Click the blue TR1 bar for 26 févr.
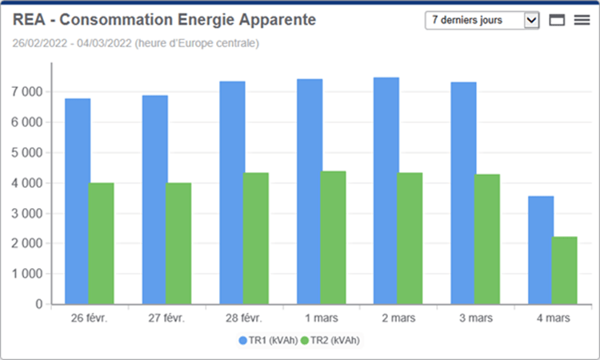[78, 201]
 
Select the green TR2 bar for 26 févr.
[102, 243]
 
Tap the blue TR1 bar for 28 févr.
[232, 192]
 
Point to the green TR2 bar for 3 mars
[487, 239]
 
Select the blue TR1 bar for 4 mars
[541, 250]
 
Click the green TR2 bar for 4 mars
[565, 270]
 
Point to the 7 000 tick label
[27, 92]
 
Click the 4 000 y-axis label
[27, 183]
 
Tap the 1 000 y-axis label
[27, 274]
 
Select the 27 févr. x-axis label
[166, 318]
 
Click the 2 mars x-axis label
[398, 318]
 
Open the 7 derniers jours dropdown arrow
[532, 20]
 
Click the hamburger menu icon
[582, 20]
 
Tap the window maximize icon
[558, 20]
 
